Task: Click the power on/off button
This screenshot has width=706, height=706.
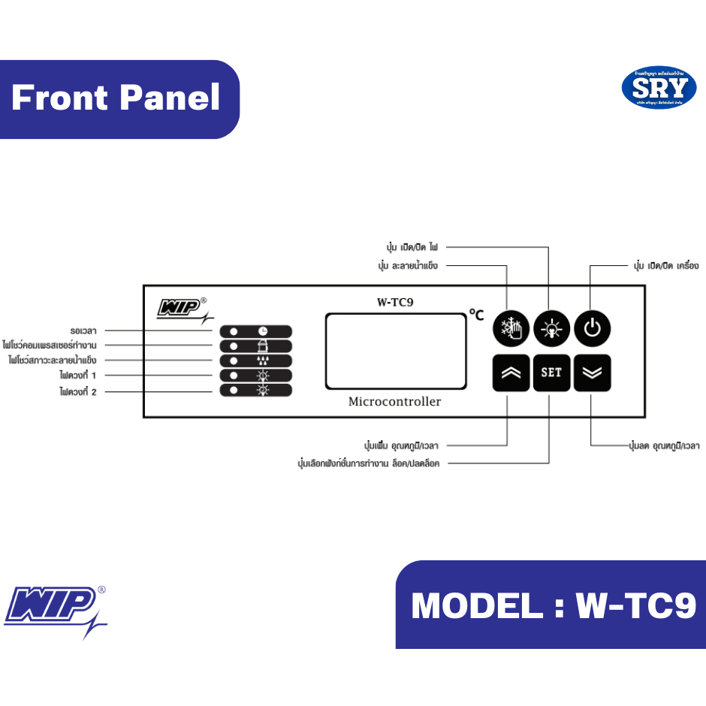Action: tap(593, 327)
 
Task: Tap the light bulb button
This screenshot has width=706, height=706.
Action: tap(552, 327)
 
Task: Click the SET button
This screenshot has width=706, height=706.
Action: tap(552, 373)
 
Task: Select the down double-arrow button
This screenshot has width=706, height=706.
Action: tap(593, 373)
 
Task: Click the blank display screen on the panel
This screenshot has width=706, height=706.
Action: tap(396, 351)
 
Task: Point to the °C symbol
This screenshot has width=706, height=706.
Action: tap(476, 315)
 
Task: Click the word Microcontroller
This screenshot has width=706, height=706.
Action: tap(394, 402)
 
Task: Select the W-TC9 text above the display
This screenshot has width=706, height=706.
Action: tap(395, 303)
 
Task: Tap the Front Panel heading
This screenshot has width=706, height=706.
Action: tap(116, 98)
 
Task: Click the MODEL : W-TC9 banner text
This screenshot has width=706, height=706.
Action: tap(554, 605)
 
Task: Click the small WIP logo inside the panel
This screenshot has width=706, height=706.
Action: tap(180, 309)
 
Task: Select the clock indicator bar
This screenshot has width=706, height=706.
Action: tap(255, 331)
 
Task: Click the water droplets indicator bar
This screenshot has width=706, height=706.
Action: tap(255, 361)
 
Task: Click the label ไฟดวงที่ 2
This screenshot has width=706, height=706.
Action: tap(79, 391)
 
